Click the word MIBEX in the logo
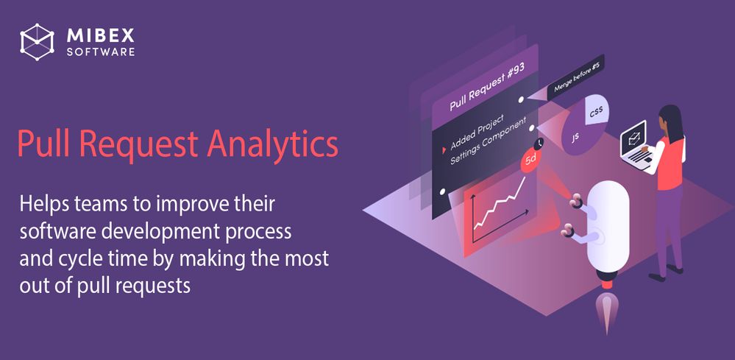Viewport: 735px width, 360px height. tap(99, 34)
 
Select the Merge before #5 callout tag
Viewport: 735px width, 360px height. tap(575, 77)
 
